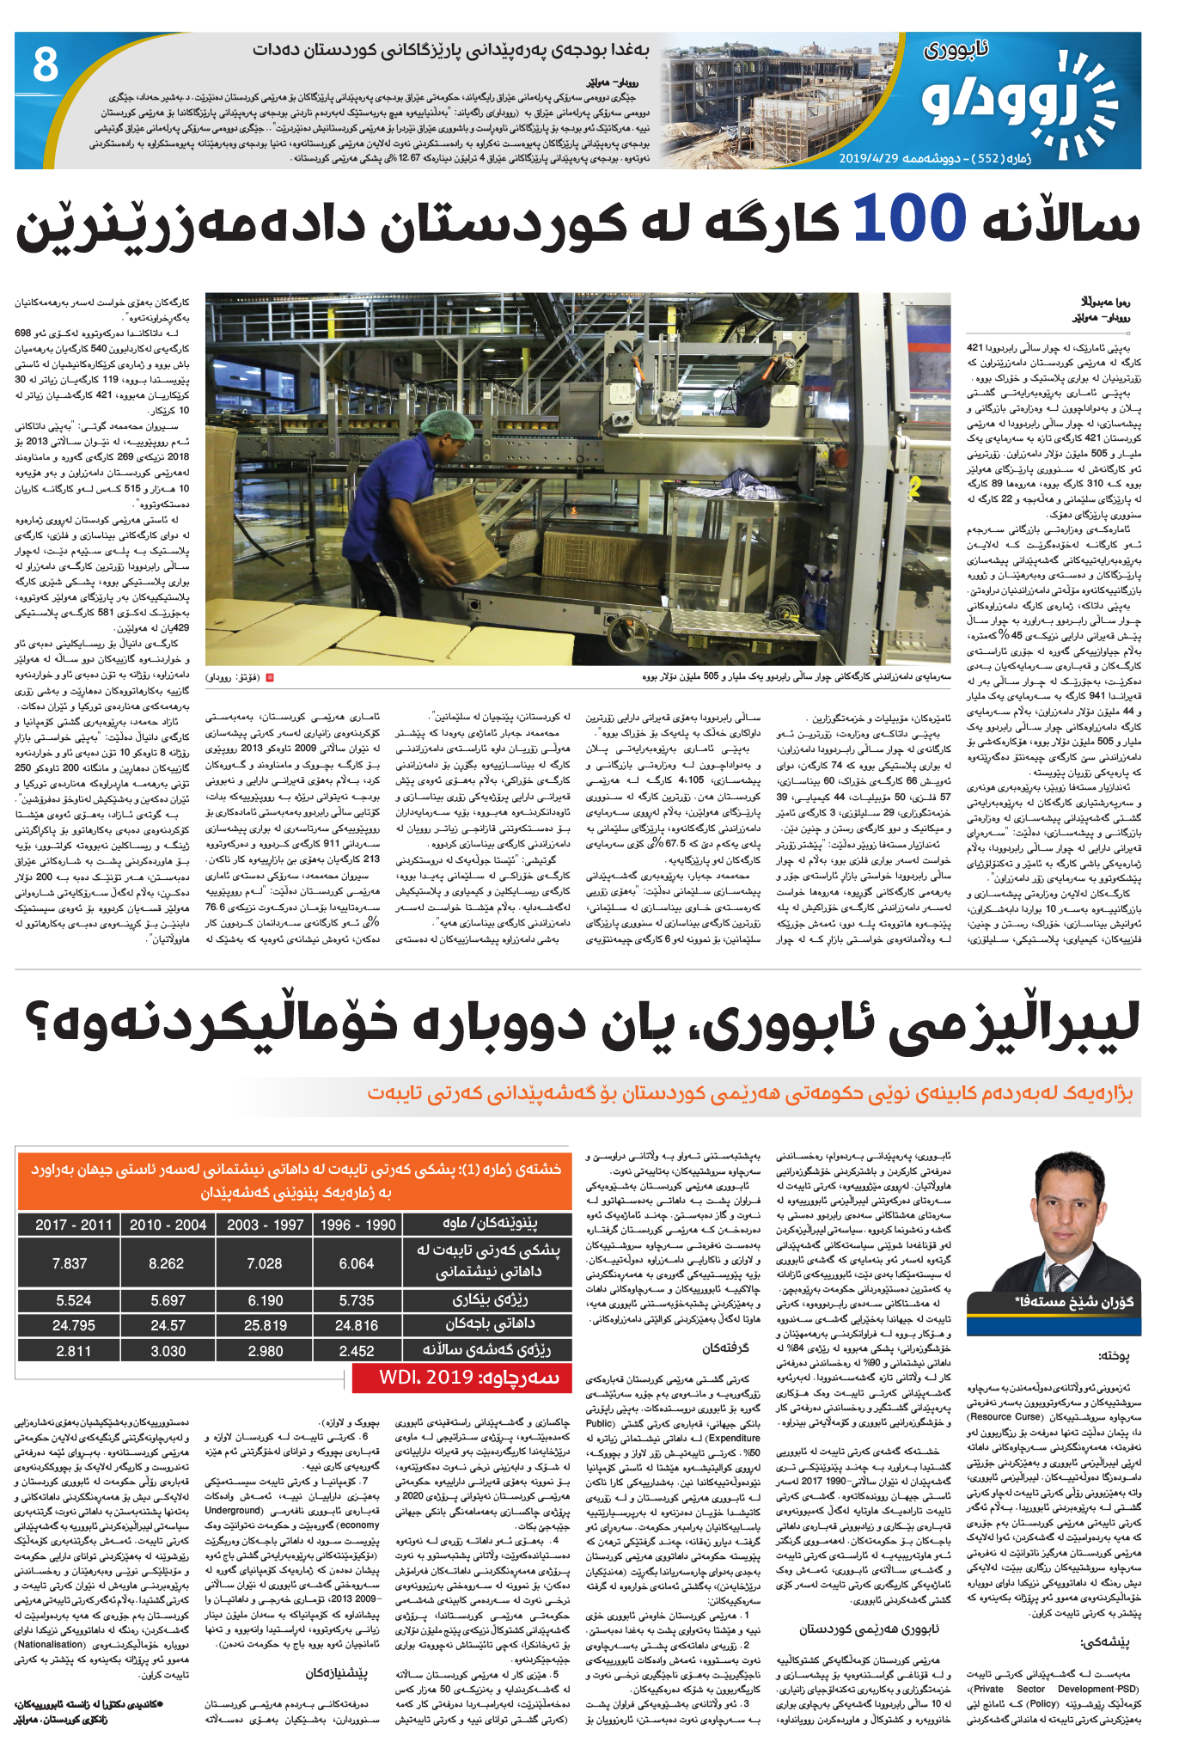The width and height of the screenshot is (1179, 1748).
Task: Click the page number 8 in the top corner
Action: click(45, 64)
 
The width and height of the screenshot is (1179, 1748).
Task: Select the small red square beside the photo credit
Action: click(270, 677)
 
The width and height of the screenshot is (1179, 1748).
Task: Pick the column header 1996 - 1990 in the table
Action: click(357, 1225)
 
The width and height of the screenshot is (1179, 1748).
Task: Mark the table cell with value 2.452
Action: click(357, 1351)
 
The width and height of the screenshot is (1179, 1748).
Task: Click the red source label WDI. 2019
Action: click(461, 1378)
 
